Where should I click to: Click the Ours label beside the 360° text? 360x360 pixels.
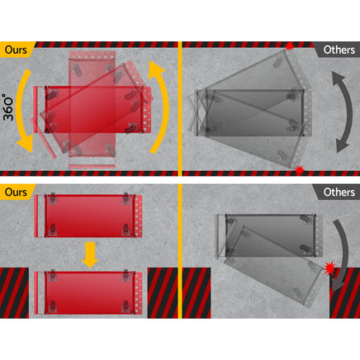(x=16, y=50)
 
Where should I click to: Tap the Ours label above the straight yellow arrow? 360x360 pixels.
(x=16, y=192)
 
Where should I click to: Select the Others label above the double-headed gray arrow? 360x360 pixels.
(x=339, y=50)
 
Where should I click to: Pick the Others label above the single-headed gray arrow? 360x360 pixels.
(x=339, y=192)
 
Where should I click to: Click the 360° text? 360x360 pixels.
(x=8, y=107)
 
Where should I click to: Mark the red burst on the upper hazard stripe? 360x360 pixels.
(x=289, y=46)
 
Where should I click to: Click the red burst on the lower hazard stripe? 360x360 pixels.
(x=299, y=170)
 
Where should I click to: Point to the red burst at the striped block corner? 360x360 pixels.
(x=329, y=268)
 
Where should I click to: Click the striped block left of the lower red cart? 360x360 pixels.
(x=14, y=293)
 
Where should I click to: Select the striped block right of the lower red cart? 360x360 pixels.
(x=163, y=293)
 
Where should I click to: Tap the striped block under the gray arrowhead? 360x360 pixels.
(x=344, y=293)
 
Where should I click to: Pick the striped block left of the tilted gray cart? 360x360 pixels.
(x=197, y=293)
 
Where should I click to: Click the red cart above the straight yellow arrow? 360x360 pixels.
(x=88, y=216)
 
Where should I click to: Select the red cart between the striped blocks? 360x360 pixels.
(x=88, y=293)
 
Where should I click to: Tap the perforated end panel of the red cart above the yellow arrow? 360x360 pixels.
(x=139, y=216)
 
